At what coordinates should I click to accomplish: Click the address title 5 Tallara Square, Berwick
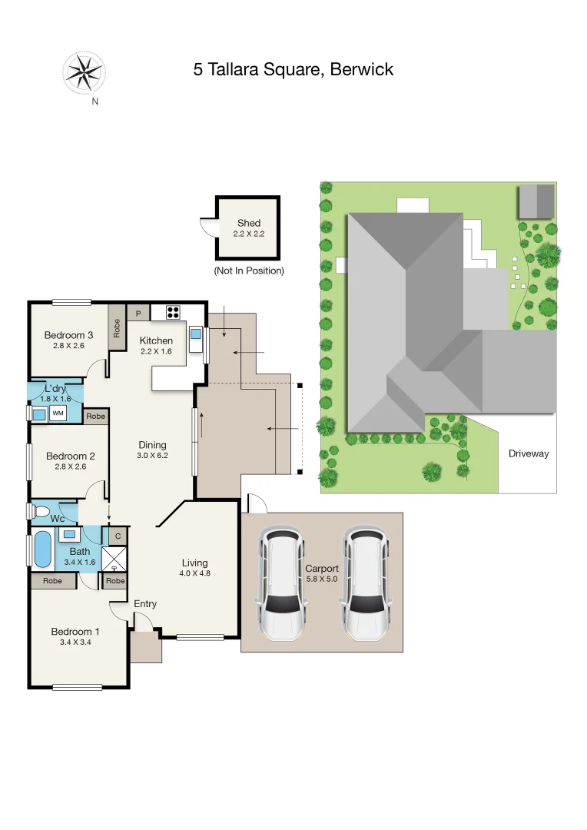(293, 70)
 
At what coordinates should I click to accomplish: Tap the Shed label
(248, 223)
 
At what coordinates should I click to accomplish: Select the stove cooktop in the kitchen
(173, 312)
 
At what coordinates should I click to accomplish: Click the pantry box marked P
(138, 313)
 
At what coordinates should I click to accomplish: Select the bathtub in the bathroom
(41, 549)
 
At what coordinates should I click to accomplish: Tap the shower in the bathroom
(114, 558)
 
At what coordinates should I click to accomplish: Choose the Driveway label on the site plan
(529, 453)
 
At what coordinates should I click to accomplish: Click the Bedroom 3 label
(68, 335)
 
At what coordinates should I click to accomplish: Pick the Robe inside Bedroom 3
(117, 328)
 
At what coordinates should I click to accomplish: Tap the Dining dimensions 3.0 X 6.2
(152, 456)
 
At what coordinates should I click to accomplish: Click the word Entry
(145, 604)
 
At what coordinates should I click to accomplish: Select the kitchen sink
(195, 334)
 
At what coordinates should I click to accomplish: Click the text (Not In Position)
(248, 271)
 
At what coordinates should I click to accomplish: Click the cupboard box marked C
(118, 535)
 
